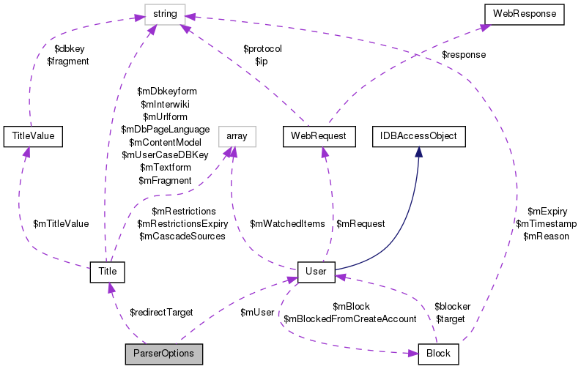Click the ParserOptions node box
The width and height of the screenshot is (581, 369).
pos(163,354)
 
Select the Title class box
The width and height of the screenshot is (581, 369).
pos(107,272)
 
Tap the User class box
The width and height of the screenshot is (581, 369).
pos(316,272)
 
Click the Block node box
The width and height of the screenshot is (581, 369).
pos(437,354)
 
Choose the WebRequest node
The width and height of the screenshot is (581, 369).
pos(319,135)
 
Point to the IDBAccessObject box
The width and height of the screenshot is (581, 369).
pos(418,135)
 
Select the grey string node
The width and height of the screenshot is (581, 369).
pos(165,13)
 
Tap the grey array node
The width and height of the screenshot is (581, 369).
pos(236,135)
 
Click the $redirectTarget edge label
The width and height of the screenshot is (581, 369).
pos(160,313)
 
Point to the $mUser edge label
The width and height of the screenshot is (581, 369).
pos(257,313)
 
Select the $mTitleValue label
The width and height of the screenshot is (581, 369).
pos(61,224)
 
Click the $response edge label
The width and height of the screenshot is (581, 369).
pos(463,54)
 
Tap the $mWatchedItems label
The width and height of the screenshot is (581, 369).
pos(286,224)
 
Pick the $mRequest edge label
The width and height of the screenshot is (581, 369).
pos(360,224)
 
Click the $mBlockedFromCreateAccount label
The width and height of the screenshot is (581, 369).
pos(350,318)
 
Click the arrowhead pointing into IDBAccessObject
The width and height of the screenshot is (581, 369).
pos(418,151)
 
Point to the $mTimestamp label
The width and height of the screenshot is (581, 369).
pos(546,224)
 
